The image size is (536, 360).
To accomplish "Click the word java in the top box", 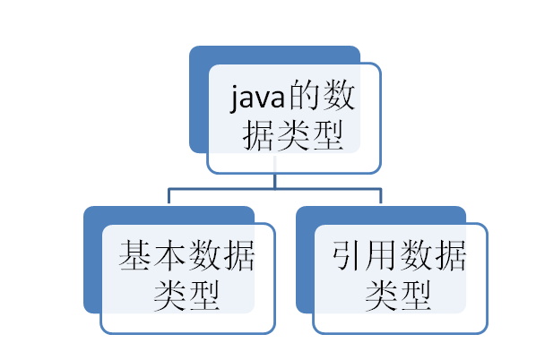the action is (257, 98).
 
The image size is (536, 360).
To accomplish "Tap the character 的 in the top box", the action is (304, 95).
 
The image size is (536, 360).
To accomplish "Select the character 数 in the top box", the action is (339, 95).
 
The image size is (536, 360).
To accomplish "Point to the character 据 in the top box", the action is (257, 135).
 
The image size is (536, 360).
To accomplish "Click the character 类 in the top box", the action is (292, 135).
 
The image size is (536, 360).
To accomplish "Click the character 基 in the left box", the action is (134, 255).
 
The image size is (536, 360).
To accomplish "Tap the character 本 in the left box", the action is (170, 255).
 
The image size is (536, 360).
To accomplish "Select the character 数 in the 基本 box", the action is (205, 255).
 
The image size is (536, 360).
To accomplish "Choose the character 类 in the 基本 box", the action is (170, 296).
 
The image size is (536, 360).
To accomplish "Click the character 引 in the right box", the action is (347, 255).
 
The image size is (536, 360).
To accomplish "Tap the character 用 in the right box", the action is (381, 255).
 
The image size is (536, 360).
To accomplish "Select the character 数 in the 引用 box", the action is (417, 255).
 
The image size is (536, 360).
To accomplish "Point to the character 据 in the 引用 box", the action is (451, 255).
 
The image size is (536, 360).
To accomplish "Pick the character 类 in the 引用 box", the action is (381, 296).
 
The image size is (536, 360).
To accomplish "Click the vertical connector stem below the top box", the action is (275, 181).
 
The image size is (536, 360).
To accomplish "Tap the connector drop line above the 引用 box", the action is (381, 196).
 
